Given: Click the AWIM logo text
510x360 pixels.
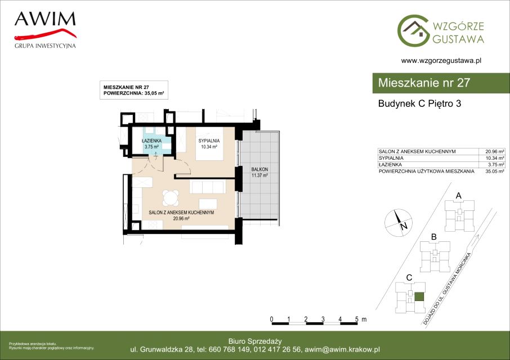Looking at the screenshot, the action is click(x=45, y=19).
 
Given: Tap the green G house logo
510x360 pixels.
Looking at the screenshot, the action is click(x=413, y=30).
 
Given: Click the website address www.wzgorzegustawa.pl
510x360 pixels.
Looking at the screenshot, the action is click(x=441, y=60).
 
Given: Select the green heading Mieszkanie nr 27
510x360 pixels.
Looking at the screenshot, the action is click(x=424, y=83).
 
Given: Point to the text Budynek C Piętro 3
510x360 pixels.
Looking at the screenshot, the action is click(x=419, y=103).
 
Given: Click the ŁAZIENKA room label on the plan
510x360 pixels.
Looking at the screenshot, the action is click(x=151, y=141).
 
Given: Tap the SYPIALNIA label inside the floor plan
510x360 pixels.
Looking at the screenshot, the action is click(x=209, y=141).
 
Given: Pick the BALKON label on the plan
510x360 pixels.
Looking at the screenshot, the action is click(x=260, y=169).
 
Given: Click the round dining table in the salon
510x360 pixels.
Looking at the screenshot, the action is click(x=171, y=197).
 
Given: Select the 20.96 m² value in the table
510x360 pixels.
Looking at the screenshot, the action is click(x=495, y=151).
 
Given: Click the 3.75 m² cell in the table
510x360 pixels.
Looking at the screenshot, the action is click(x=496, y=165).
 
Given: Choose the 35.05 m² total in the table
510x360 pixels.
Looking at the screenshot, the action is click(x=495, y=171).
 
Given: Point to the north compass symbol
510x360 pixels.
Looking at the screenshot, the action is click(x=398, y=223).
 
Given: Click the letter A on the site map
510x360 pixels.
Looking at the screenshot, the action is click(x=459, y=196).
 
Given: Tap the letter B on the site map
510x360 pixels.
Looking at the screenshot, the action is click(x=433, y=237).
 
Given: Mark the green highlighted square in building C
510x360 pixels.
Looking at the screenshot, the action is click(x=419, y=296).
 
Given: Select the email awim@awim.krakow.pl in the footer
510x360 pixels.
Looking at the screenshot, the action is click(x=342, y=350).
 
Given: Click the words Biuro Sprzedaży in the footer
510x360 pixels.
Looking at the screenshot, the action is click(x=255, y=341).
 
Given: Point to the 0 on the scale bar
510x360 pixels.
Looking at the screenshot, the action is click(x=271, y=319).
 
